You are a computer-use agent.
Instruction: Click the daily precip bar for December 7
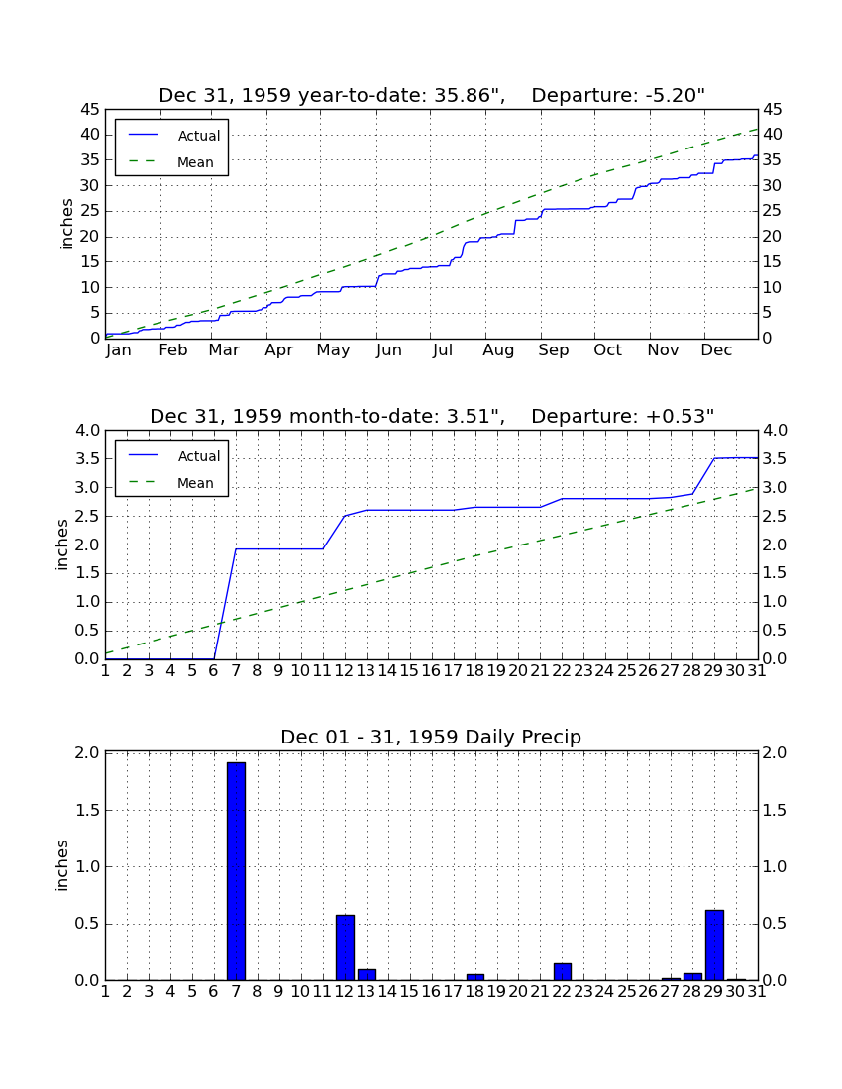236,871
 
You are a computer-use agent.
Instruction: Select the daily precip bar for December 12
346,947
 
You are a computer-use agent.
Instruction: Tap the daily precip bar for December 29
714,944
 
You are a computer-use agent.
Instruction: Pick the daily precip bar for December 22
562,971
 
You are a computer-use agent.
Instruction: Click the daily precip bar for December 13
367,974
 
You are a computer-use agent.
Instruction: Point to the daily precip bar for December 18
475,977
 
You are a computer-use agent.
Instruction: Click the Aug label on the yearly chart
498,350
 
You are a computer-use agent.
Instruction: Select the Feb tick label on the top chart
173,349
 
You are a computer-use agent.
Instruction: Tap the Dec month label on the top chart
716,349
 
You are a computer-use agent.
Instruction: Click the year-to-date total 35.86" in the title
470,95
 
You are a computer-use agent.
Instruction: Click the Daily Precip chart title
431,737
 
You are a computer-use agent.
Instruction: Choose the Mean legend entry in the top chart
171,162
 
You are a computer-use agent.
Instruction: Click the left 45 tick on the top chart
91,110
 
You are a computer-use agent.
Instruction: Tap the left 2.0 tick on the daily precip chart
87,752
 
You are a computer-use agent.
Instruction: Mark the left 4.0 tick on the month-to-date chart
87,431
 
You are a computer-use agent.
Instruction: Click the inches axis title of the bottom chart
62,865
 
